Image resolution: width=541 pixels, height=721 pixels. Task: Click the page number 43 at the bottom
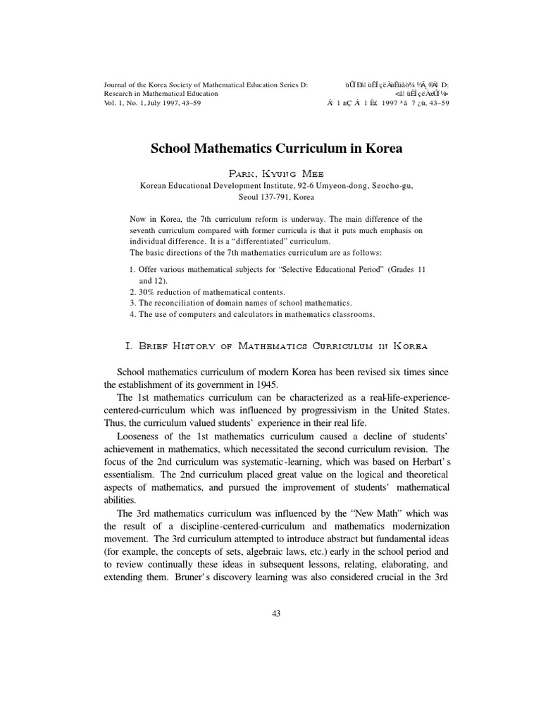(x=276, y=613)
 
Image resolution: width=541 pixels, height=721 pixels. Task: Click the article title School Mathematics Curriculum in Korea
(x=276, y=150)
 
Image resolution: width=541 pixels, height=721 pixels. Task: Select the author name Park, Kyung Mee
(x=276, y=173)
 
